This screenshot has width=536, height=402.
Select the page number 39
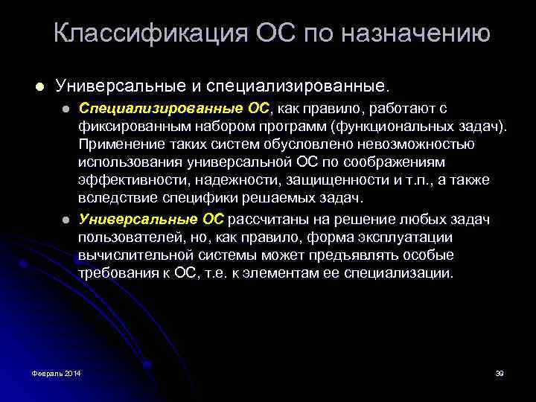tap(500, 372)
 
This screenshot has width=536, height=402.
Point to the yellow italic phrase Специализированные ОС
tap(174, 109)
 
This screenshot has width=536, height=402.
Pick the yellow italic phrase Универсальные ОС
tap(151, 219)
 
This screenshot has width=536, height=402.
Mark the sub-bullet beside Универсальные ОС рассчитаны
tap(65, 220)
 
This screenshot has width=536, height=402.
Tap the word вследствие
tap(115, 198)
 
